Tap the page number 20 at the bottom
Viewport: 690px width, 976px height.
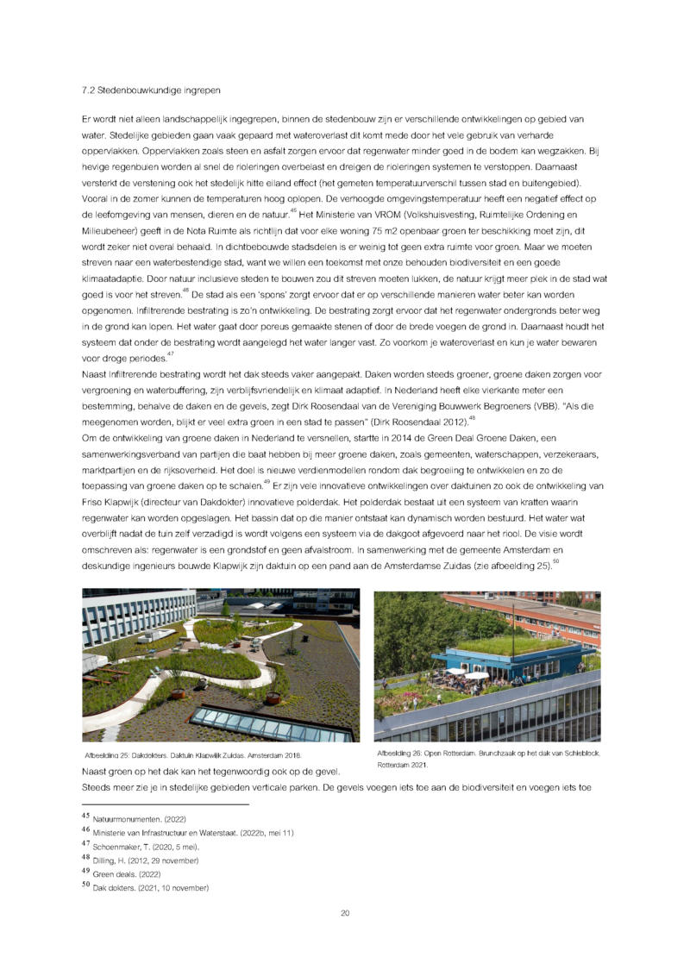pos(345,913)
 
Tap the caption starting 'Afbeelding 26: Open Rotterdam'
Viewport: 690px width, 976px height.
pos(488,754)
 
